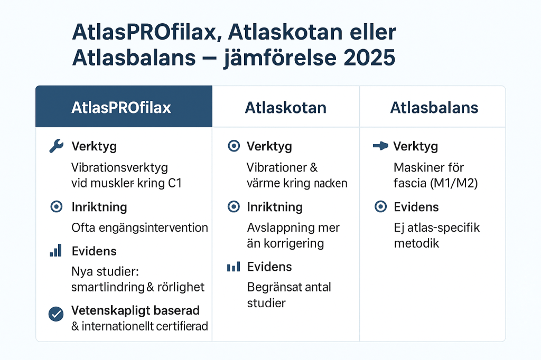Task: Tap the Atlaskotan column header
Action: pyautogui.click(x=285, y=108)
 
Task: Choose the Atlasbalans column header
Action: pyautogui.click(x=434, y=108)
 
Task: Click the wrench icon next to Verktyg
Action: pyautogui.click(x=56, y=146)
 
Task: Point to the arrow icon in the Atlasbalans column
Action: pyautogui.click(x=380, y=146)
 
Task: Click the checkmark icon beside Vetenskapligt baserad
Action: pyautogui.click(x=56, y=314)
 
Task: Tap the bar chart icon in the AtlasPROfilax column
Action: pyautogui.click(x=56, y=251)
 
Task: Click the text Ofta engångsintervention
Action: pyautogui.click(x=139, y=228)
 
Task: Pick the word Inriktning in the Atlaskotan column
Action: pyautogui.click(x=275, y=207)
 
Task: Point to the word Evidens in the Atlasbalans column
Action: pyautogui.click(x=416, y=207)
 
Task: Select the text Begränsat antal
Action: pyautogui.click(x=289, y=288)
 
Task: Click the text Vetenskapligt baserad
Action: pyautogui.click(x=135, y=310)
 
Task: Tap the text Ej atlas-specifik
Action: pyautogui.click(x=436, y=228)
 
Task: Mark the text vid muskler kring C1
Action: pyautogui.click(x=127, y=183)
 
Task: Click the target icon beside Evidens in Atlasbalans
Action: pyautogui.click(x=380, y=207)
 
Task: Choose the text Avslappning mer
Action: pyautogui.click(x=293, y=228)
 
